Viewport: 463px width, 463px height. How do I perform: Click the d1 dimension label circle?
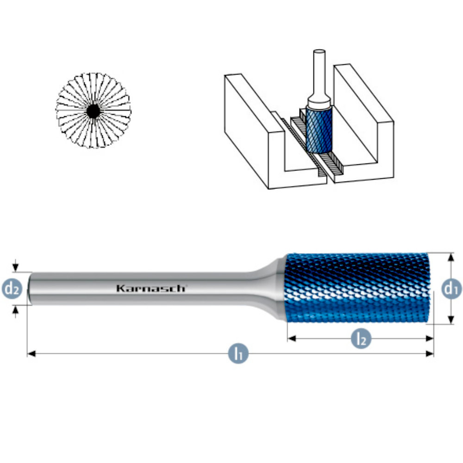click(x=452, y=288)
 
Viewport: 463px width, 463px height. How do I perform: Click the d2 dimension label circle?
click(x=12, y=288)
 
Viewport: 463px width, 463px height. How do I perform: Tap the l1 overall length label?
click(x=238, y=353)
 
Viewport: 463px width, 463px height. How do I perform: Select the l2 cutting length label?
click(x=361, y=338)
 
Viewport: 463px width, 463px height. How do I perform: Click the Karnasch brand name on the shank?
click(x=151, y=288)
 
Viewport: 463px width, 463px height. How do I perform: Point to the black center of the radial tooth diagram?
click(x=94, y=111)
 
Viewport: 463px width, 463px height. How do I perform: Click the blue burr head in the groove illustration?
click(x=319, y=130)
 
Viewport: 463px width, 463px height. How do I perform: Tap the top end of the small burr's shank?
click(x=319, y=51)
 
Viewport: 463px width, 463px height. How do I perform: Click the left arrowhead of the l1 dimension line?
click(x=31, y=353)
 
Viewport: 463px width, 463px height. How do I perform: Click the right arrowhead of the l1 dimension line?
click(x=430, y=353)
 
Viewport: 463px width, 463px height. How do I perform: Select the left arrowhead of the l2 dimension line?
click(x=292, y=338)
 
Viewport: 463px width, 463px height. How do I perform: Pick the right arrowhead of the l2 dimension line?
click(x=429, y=338)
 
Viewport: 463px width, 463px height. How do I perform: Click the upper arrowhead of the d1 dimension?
click(x=450, y=257)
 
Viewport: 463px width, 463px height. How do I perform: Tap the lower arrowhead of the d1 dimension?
click(x=450, y=320)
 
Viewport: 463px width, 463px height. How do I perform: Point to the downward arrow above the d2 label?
click(x=16, y=265)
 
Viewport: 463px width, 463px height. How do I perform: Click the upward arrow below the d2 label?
click(x=16, y=312)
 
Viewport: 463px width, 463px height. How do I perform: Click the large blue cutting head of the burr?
click(x=357, y=288)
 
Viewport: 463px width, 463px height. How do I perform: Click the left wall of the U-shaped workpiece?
click(x=254, y=130)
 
